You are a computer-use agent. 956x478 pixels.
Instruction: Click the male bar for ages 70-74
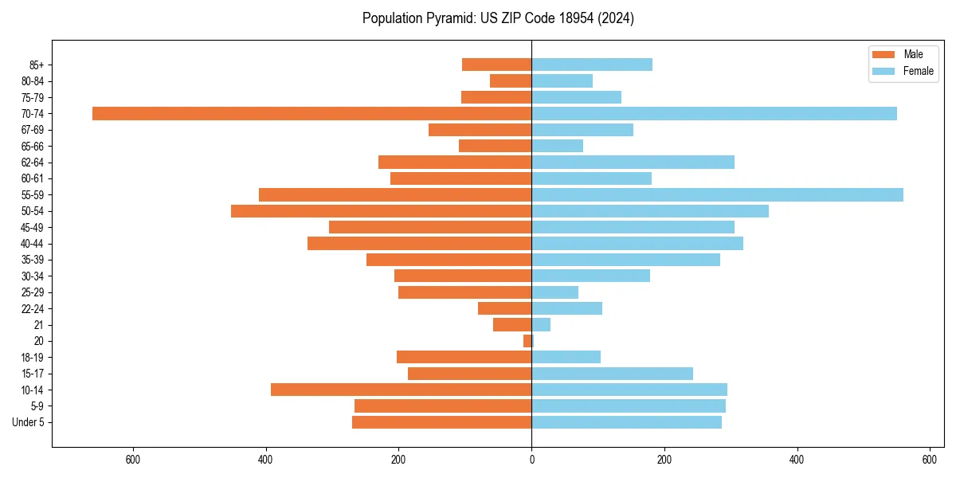coord(311,114)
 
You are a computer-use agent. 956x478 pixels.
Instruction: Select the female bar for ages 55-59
coord(717,195)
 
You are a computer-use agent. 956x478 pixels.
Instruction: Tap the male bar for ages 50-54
coord(381,211)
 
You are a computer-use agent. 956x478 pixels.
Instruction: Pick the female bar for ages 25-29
coord(554,292)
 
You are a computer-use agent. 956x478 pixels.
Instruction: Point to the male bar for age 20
coord(527,341)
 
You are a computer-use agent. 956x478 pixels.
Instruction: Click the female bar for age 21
coord(541,325)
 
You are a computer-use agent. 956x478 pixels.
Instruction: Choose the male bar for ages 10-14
coord(401,390)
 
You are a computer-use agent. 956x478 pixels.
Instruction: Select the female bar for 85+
coord(592,65)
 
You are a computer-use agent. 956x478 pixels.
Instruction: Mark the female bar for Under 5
coord(626,422)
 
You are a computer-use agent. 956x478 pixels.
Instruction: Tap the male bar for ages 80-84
coord(511,81)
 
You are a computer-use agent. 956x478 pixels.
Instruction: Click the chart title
coord(498,18)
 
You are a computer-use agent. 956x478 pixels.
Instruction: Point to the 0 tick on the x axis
coord(531,460)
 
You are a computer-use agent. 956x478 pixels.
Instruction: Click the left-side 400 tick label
coord(266,460)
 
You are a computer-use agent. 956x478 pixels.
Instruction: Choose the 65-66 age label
coord(33,147)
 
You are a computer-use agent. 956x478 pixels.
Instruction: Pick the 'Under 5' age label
coord(28,422)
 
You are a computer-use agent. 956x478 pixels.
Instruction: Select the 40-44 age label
coord(33,244)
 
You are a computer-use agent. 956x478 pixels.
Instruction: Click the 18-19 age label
coord(33,358)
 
